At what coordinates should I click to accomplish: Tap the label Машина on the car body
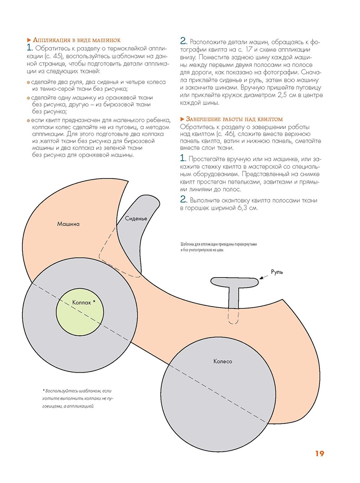point(69,224)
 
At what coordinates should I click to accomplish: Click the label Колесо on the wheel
point(223,362)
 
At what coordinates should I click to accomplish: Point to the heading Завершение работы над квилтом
point(234,119)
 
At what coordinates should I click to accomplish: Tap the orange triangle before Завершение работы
point(182,119)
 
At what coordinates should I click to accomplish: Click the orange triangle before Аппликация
point(29,40)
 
